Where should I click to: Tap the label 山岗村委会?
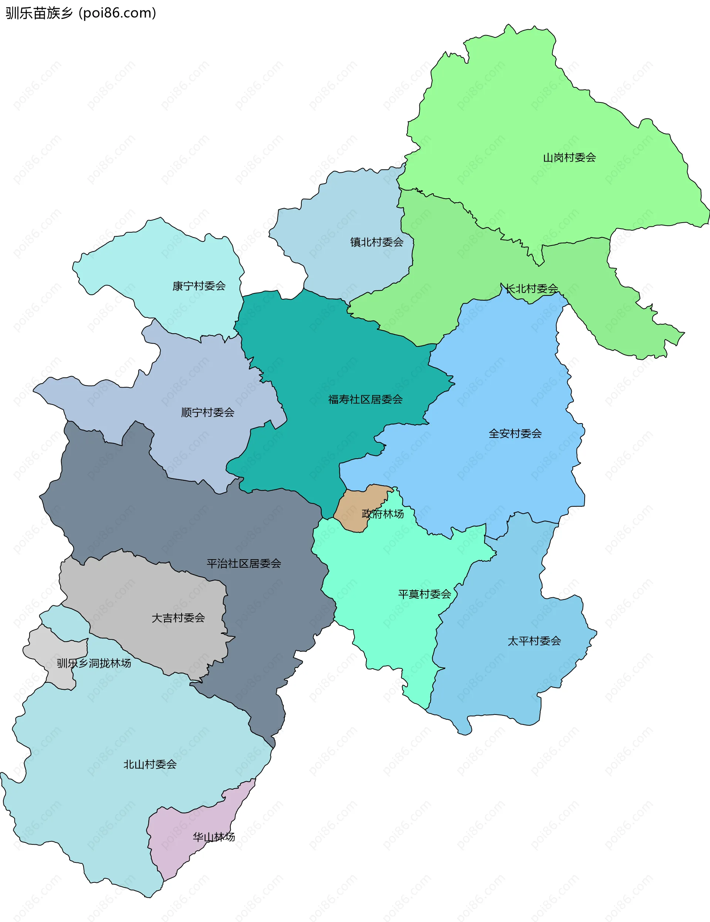point(569,158)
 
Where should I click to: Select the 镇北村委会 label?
point(376,242)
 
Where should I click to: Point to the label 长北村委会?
point(532,289)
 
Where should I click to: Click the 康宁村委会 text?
point(199,286)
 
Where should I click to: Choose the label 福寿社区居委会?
point(365,399)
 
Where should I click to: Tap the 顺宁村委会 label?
point(208,412)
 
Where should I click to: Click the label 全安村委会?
point(515,433)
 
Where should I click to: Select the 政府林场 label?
point(383,514)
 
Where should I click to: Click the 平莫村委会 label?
point(425,594)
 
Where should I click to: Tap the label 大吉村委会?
point(178,618)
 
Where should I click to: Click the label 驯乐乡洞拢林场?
point(94,663)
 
